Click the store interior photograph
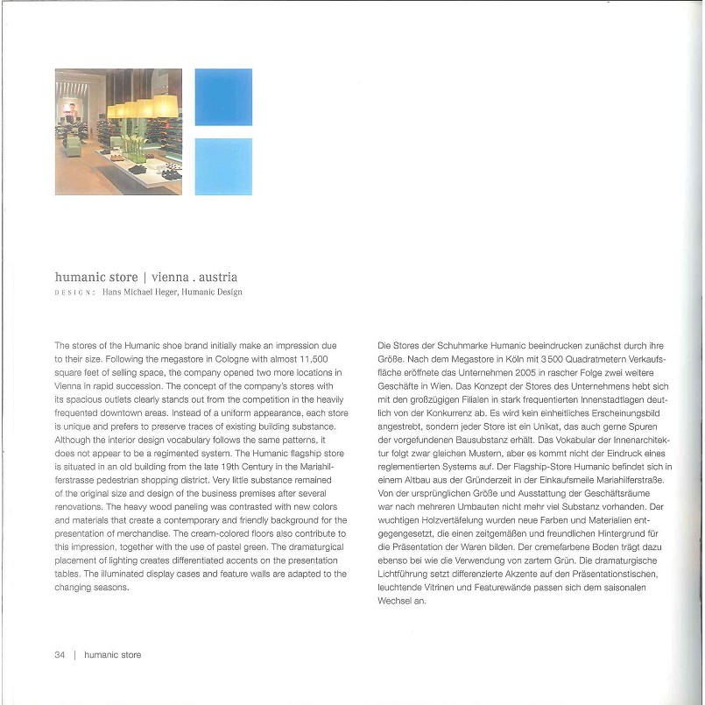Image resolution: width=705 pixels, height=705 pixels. click(x=118, y=131)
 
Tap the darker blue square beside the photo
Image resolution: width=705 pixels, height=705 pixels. click(x=223, y=97)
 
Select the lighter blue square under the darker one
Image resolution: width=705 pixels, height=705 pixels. click(x=223, y=166)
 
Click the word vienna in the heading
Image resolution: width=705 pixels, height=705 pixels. click(x=162, y=277)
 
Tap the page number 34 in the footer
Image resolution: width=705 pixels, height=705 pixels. click(x=60, y=654)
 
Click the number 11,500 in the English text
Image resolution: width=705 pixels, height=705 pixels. click(x=310, y=360)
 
